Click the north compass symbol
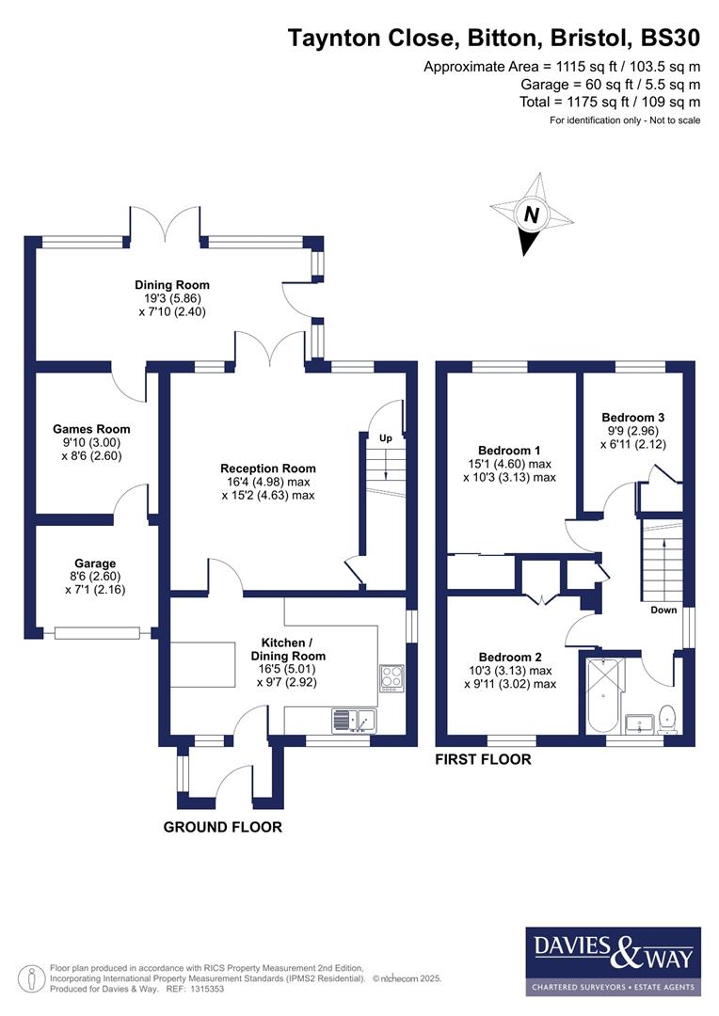tap(531, 214)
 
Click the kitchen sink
tap(353, 721)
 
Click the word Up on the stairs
tap(386, 437)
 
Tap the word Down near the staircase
tap(664, 610)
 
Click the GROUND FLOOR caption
tap(223, 827)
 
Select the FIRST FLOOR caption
tap(483, 759)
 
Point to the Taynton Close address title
tap(494, 39)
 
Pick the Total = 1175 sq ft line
tap(610, 102)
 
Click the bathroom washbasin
tap(639, 722)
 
